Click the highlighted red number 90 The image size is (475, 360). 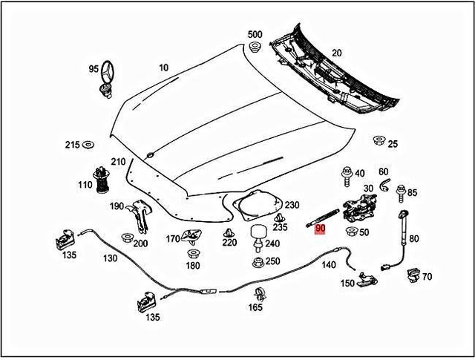(320, 229)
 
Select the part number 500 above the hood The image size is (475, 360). (255, 35)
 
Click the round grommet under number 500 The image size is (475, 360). (255, 48)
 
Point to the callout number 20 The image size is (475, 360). (336, 53)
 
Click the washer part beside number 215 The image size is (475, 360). (89, 144)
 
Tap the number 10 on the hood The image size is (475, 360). (163, 68)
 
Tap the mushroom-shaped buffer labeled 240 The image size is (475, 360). (258, 234)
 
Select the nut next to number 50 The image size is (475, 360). (350, 232)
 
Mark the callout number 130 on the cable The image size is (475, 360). (110, 258)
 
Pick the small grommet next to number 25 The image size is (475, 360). (379, 140)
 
